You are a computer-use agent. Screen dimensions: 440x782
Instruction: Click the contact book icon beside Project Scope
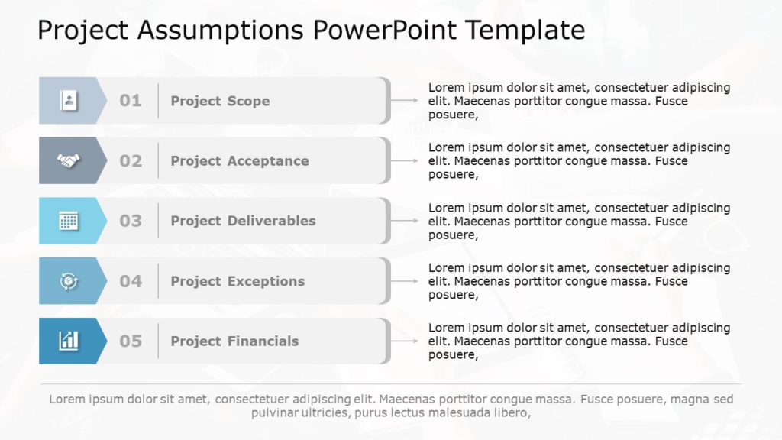[x=69, y=100]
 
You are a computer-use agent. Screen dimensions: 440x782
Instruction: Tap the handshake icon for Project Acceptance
[x=69, y=160]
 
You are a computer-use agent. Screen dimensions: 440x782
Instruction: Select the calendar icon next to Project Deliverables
[x=69, y=221]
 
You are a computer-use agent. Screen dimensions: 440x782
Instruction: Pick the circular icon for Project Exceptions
[x=69, y=281]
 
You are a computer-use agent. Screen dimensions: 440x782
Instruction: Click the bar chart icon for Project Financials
[x=69, y=341]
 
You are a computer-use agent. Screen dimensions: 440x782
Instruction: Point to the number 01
[x=131, y=101]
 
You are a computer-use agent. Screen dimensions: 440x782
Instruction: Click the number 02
[x=131, y=161]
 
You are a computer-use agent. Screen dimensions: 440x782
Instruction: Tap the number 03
[x=131, y=221]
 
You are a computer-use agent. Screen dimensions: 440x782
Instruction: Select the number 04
[x=131, y=281]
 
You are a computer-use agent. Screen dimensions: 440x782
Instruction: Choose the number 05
[x=131, y=341]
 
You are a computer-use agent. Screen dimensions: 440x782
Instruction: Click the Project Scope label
[x=220, y=101]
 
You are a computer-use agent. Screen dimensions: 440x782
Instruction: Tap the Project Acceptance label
[x=240, y=161]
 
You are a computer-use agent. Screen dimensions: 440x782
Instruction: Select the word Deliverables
[x=271, y=221]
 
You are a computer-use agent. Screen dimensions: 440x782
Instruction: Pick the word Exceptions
[x=266, y=281]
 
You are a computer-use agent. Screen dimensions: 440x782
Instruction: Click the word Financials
[x=263, y=341]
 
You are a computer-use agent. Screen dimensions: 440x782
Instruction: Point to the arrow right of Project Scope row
[x=404, y=100]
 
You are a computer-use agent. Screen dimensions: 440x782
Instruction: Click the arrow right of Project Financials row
[x=404, y=341]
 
